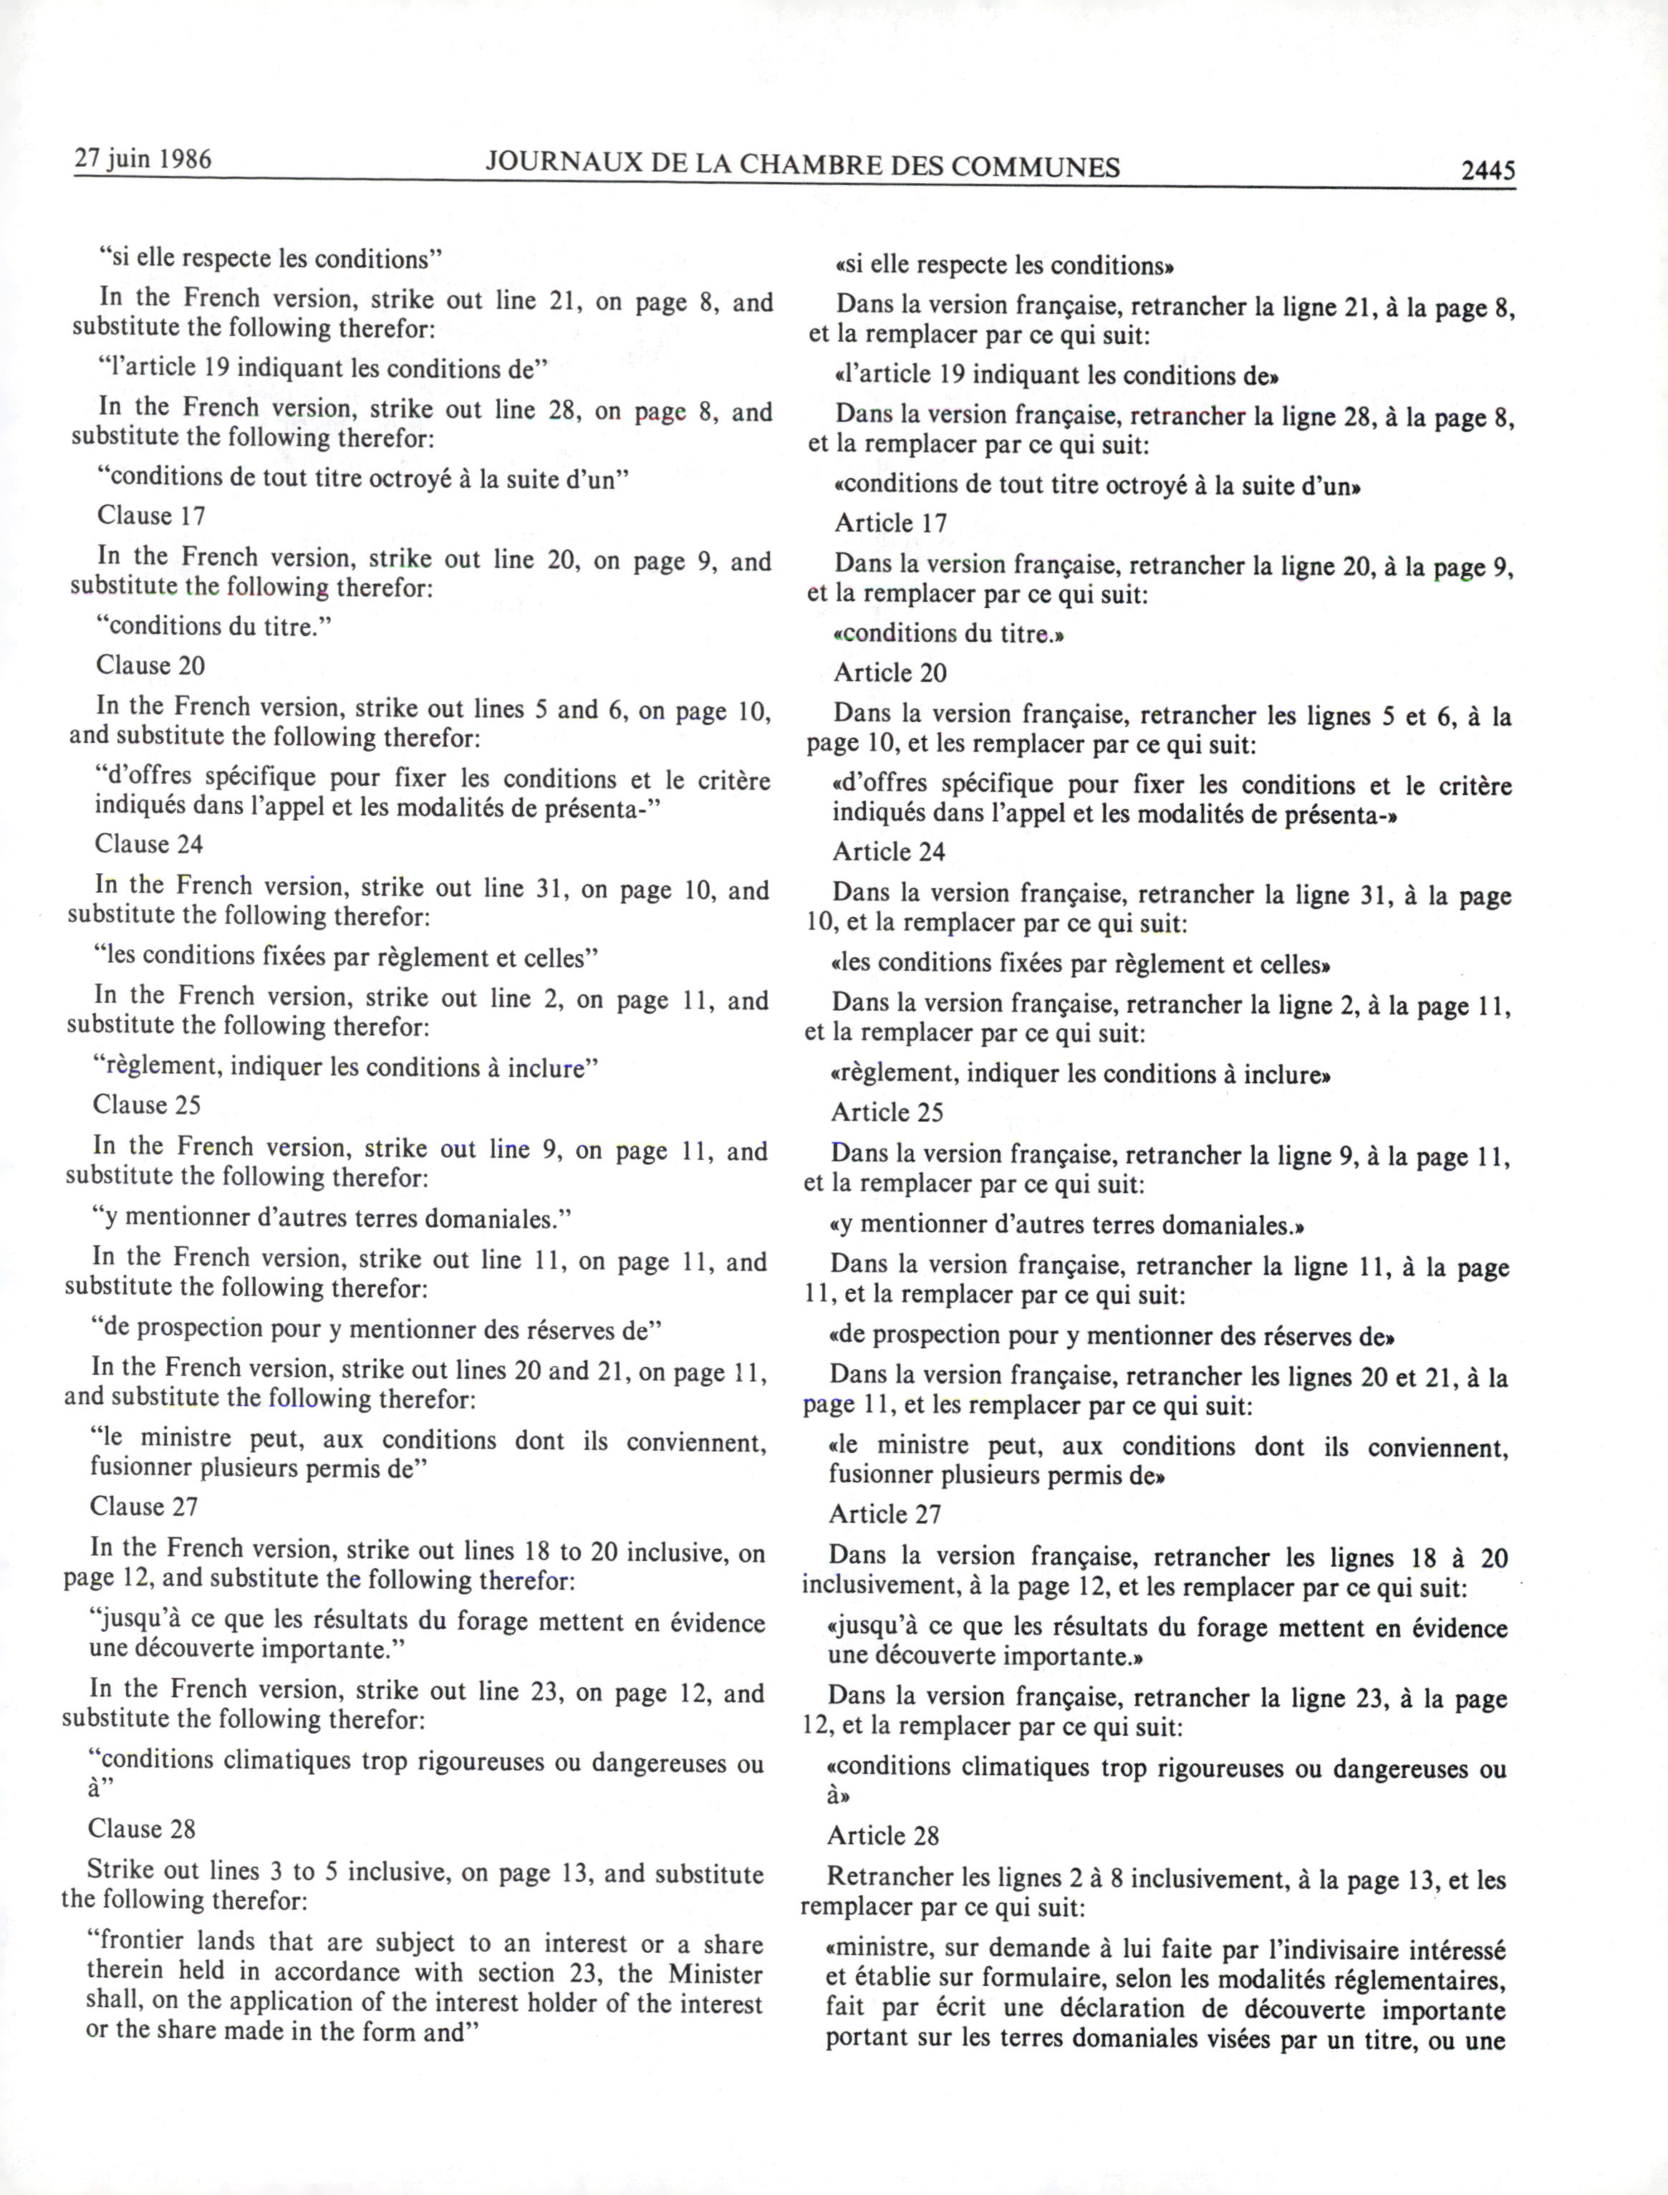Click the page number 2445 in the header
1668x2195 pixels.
pos(1488,170)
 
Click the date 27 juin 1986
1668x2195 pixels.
pos(143,159)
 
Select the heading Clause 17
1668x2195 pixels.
pos(151,516)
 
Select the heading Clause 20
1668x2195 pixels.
pos(150,666)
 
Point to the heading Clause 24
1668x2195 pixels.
pos(149,844)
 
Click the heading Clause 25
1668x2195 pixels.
pos(147,1105)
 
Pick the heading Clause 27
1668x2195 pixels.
pos(144,1507)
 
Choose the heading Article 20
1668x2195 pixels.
pos(890,673)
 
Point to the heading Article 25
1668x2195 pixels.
pos(887,1113)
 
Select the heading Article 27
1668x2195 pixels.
pos(884,1514)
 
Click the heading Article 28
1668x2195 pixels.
pos(882,1835)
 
